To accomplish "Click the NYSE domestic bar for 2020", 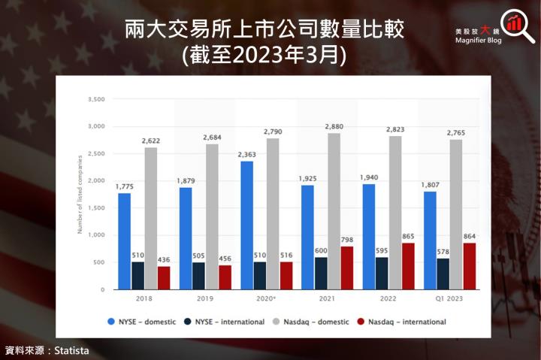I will point(247,225).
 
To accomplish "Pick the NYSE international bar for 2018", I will point(138,275).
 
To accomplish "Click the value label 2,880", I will point(334,127).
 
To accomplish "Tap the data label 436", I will point(163,259).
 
